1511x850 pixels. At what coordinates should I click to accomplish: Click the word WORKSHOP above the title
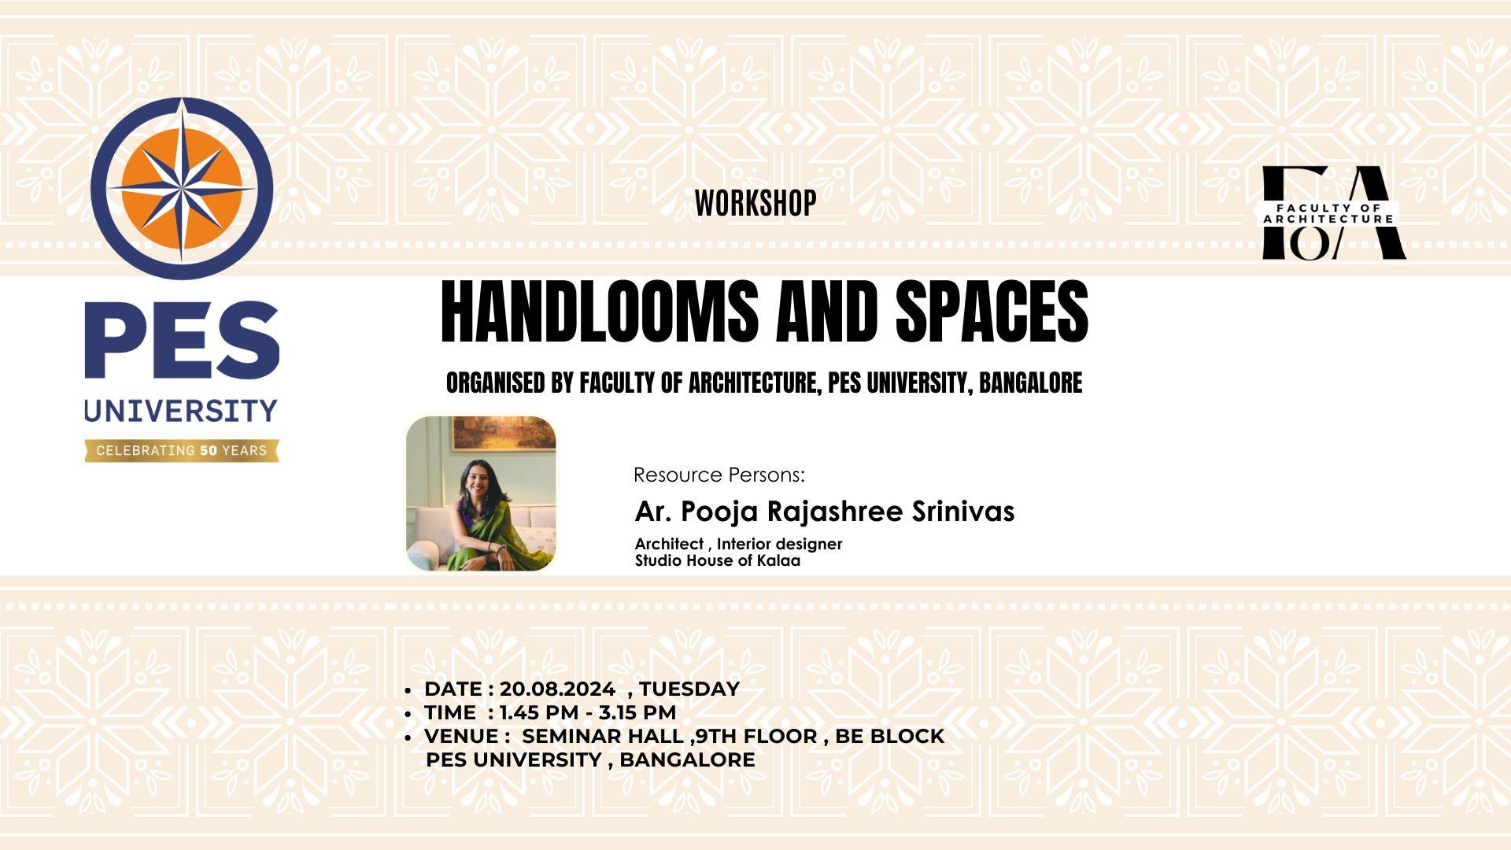click(x=755, y=203)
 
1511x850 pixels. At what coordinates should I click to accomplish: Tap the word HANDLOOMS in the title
click(x=599, y=312)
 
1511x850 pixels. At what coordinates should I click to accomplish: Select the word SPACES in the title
click(x=992, y=312)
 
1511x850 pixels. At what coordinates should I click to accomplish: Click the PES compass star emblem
click(x=182, y=188)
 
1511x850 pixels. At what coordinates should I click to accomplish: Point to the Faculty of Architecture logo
click(x=1334, y=213)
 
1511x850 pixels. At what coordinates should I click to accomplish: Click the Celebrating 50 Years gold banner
click(x=182, y=451)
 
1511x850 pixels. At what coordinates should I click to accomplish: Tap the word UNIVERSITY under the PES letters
click(x=181, y=410)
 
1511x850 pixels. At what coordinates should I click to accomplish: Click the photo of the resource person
click(x=481, y=493)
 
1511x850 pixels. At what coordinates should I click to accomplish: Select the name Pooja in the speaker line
click(x=719, y=512)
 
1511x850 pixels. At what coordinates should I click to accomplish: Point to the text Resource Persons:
click(x=719, y=475)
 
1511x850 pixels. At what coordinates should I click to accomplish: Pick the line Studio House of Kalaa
click(x=718, y=561)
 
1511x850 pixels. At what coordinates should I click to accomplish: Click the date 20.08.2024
click(x=557, y=689)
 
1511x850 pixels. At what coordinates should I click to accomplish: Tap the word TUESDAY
click(x=689, y=689)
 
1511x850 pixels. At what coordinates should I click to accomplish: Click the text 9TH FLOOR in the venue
click(x=756, y=737)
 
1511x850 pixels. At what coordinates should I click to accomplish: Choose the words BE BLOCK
click(x=889, y=737)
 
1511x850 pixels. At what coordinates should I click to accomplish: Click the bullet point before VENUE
click(x=408, y=737)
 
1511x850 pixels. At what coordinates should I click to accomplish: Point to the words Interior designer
click(x=779, y=544)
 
